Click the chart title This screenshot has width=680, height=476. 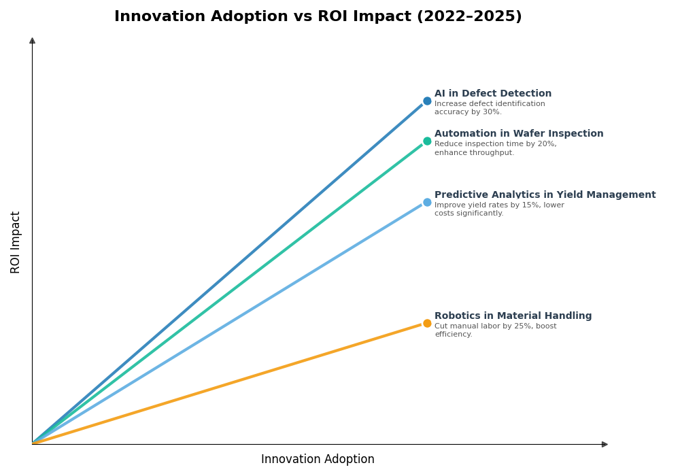click(318, 17)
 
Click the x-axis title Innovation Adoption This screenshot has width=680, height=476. click(318, 460)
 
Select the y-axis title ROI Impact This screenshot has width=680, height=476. click(16, 242)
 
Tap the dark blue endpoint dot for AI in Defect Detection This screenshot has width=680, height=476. click(427, 101)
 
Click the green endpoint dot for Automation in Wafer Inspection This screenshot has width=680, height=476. click(427, 141)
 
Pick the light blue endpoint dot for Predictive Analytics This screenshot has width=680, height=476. click(427, 203)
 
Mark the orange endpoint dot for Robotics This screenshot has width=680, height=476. click(427, 324)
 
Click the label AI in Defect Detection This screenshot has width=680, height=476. click(493, 94)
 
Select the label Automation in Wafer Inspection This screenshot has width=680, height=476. click(519, 134)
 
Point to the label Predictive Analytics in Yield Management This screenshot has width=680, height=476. click(545, 195)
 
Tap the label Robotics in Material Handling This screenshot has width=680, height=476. click(513, 316)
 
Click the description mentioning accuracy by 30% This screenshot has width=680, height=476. click(490, 108)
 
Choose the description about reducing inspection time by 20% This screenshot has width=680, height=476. click(495, 148)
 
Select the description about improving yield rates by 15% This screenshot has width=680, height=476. click(499, 209)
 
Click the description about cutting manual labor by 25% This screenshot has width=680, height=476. click(495, 330)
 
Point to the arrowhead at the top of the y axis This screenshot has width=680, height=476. click(32, 41)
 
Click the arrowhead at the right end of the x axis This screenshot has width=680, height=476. click(605, 445)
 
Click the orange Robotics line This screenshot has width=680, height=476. click(231, 383)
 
